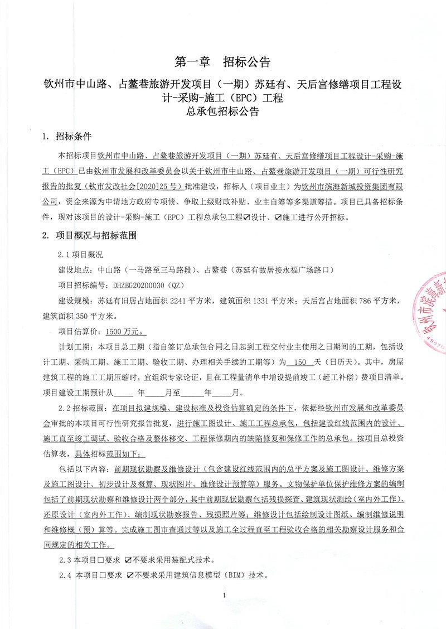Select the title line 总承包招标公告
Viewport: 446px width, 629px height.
click(x=222, y=112)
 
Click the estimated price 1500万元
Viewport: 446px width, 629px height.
click(x=127, y=331)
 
